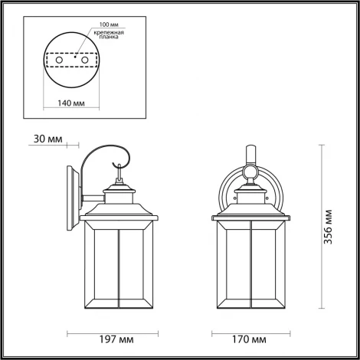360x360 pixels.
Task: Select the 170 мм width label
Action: point(251,338)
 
